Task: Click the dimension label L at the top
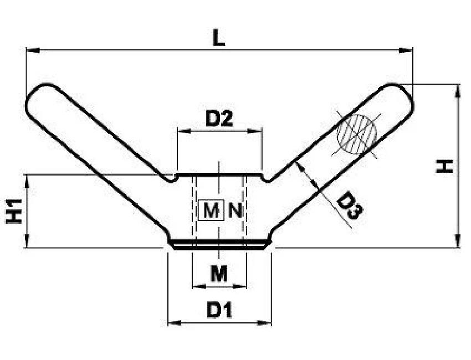coord(219,38)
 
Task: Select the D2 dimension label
coord(219,119)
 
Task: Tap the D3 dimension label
coord(349,205)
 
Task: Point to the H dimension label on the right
coord(444,166)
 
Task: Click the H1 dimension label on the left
coord(14,211)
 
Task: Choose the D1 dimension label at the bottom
coord(219,310)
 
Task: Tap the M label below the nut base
coord(219,274)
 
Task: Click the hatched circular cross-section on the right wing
coord(356,134)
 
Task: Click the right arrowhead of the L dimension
coord(406,50)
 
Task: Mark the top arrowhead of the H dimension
coord(458,91)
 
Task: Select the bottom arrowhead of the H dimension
coord(458,241)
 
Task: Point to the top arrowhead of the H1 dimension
coord(27,181)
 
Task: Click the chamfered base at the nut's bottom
coord(219,244)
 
